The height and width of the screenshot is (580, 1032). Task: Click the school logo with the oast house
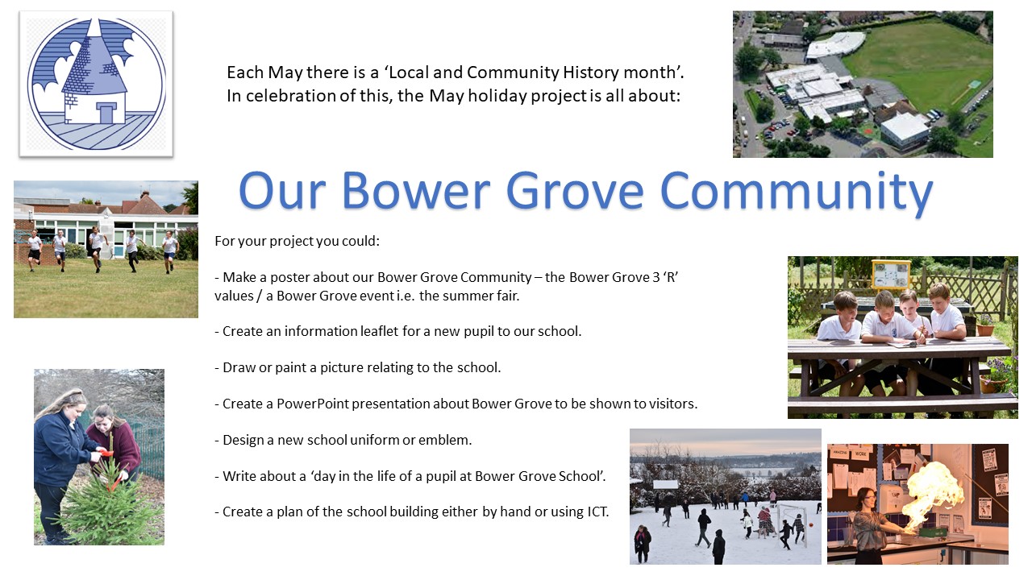coord(96,84)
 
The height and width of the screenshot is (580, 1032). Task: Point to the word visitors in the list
coord(671,404)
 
